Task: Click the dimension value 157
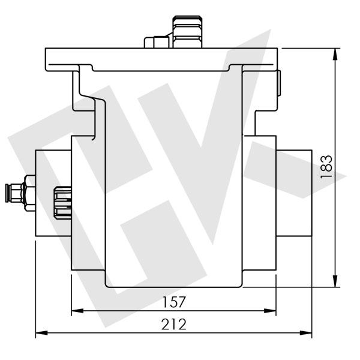(x=173, y=301)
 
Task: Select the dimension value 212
(x=173, y=324)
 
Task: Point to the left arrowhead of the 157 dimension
(x=75, y=311)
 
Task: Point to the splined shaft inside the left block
(x=63, y=202)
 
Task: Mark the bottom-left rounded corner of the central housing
(x=109, y=284)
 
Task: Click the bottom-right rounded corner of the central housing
(x=239, y=284)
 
